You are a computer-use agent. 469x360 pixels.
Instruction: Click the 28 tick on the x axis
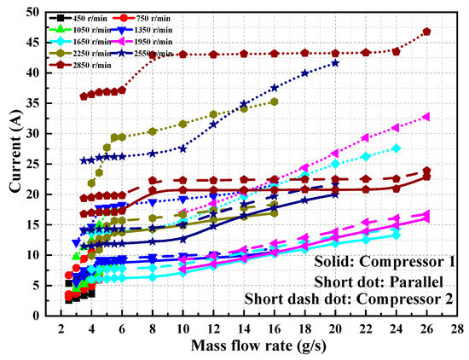click(x=457, y=328)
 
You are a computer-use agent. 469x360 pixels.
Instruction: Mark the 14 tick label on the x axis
click(x=244, y=328)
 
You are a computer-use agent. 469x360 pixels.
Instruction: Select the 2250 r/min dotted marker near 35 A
click(x=274, y=102)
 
